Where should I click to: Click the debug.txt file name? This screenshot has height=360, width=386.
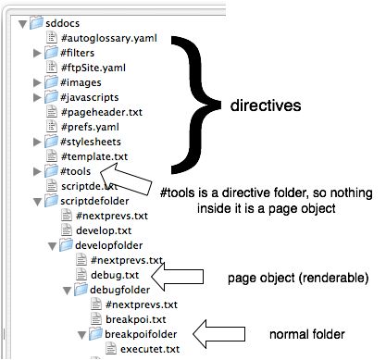(114, 275)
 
